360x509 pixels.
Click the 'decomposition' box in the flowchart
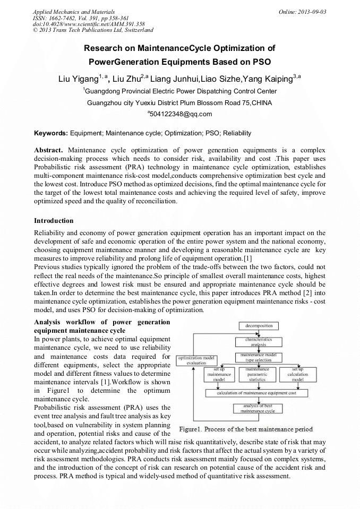259,325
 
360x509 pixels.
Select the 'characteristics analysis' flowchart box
259,341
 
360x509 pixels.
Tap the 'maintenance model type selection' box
259,357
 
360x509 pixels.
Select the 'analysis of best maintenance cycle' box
258,409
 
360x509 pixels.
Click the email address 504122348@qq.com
179,114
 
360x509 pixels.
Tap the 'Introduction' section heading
54,220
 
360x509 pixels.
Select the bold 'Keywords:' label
51,133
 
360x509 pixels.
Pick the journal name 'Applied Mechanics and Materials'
74,11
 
